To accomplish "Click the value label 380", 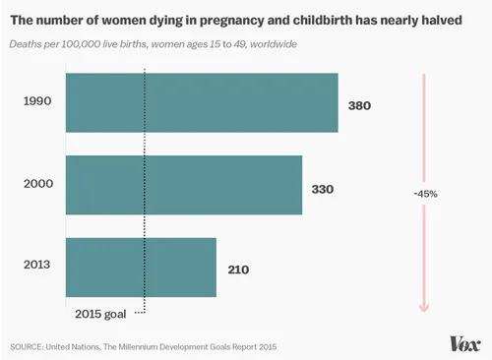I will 360,103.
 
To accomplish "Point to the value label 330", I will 324,185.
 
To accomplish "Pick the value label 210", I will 238,267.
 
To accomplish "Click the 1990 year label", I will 38,102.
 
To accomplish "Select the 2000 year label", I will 38,184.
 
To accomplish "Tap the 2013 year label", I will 38,266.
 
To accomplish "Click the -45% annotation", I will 425,194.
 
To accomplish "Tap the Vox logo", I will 463,343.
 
